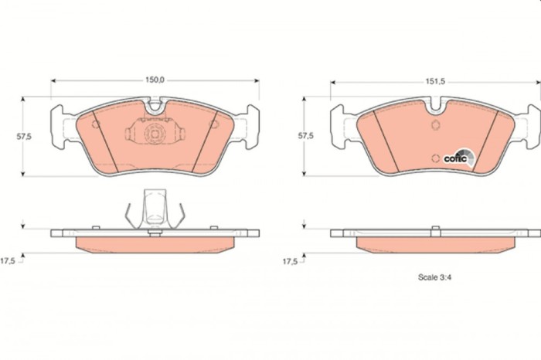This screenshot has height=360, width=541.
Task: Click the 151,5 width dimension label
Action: (x=436, y=80)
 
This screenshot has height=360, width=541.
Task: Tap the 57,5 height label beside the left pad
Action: (x=25, y=136)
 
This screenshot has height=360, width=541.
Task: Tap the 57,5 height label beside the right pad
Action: (x=306, y=136)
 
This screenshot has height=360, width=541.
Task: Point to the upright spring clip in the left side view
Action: (x=155, y=209)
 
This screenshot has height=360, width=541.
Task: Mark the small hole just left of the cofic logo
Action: (x=437, y=158)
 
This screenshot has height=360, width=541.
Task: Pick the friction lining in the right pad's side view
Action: (x=435, y=244)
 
